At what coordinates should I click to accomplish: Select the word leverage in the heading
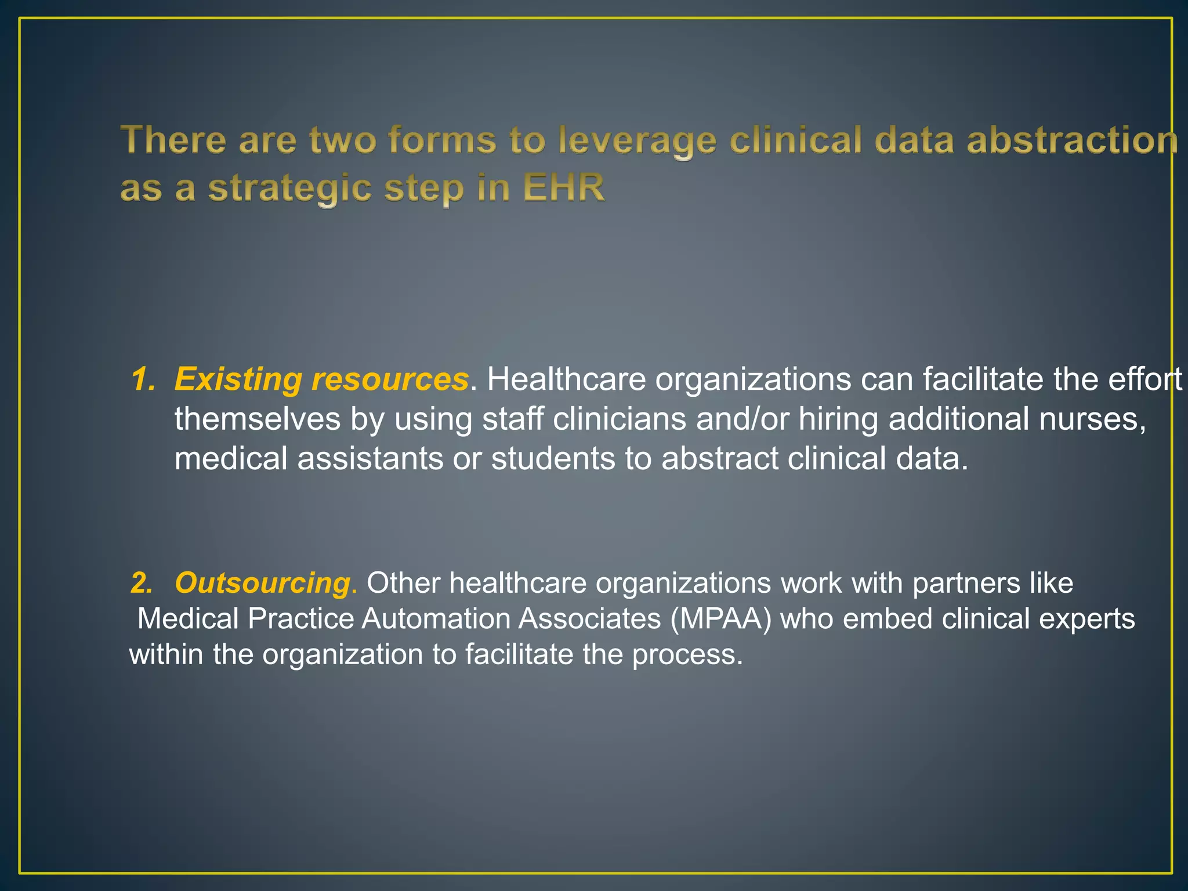(x=637, y=142)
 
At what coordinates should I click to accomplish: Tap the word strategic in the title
(x=289, y=189)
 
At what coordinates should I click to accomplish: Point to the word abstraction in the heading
(x=1072, y=141)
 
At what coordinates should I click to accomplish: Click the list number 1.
(x=142, y=379)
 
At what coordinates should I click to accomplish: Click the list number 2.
(x=142, y=583)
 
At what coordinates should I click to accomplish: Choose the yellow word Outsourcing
(x=262, y=583)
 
